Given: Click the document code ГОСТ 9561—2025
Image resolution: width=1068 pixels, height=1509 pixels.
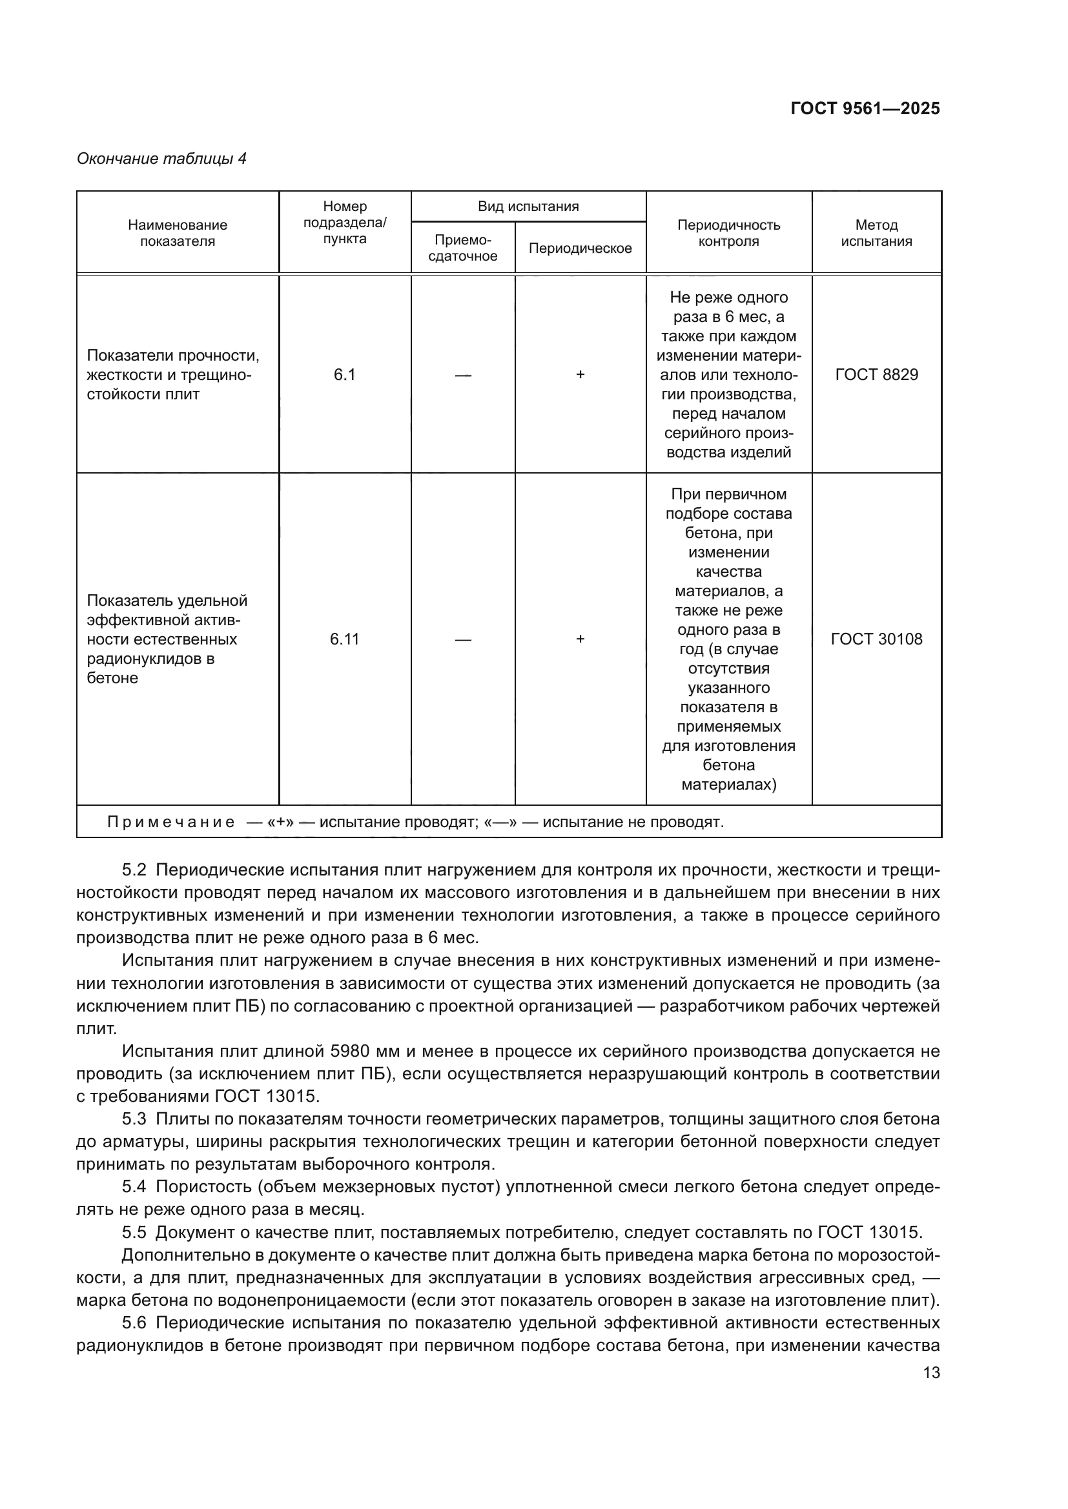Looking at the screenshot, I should tap(865, 108).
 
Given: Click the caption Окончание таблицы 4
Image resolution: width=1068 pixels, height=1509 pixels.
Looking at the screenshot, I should tap(162, 159).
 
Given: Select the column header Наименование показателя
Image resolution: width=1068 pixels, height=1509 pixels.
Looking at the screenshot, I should tap(178, 233).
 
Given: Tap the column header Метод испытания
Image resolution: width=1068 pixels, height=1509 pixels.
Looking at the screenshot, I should tap(876, 233).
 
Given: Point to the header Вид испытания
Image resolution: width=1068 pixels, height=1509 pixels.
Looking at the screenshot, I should tap(528, 206).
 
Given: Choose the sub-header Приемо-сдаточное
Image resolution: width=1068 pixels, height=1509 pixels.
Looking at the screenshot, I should tap(463, 248).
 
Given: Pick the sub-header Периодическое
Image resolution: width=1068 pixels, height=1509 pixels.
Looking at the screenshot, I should tap(580, 248).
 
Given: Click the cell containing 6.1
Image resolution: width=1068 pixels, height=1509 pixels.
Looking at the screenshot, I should tap(345, 375).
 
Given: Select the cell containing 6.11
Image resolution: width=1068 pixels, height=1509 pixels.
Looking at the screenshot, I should tap(345, 639).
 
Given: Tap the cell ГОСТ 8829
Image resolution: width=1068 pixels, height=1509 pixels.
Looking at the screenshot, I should tap(876, 375).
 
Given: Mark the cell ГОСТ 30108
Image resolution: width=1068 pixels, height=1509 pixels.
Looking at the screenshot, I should tap(876, 639).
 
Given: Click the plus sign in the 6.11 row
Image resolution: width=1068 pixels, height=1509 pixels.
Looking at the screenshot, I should tap(580, 639).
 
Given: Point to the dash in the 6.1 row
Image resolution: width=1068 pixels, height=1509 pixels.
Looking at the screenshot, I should tap(463, 375).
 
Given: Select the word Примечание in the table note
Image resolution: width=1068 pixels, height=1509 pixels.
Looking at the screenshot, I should tap(170, 822).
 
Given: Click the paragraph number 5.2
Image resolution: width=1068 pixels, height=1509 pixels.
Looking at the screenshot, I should tap(134, 870).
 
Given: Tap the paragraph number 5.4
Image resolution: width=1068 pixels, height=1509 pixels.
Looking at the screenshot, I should tap(134, 1187).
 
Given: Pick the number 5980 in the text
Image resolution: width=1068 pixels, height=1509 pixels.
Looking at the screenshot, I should tap(356, 1051).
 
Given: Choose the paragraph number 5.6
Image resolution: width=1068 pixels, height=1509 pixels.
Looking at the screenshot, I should tap(134, 1323).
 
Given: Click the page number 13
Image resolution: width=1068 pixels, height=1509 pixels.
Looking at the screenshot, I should tap(931, 1372).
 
